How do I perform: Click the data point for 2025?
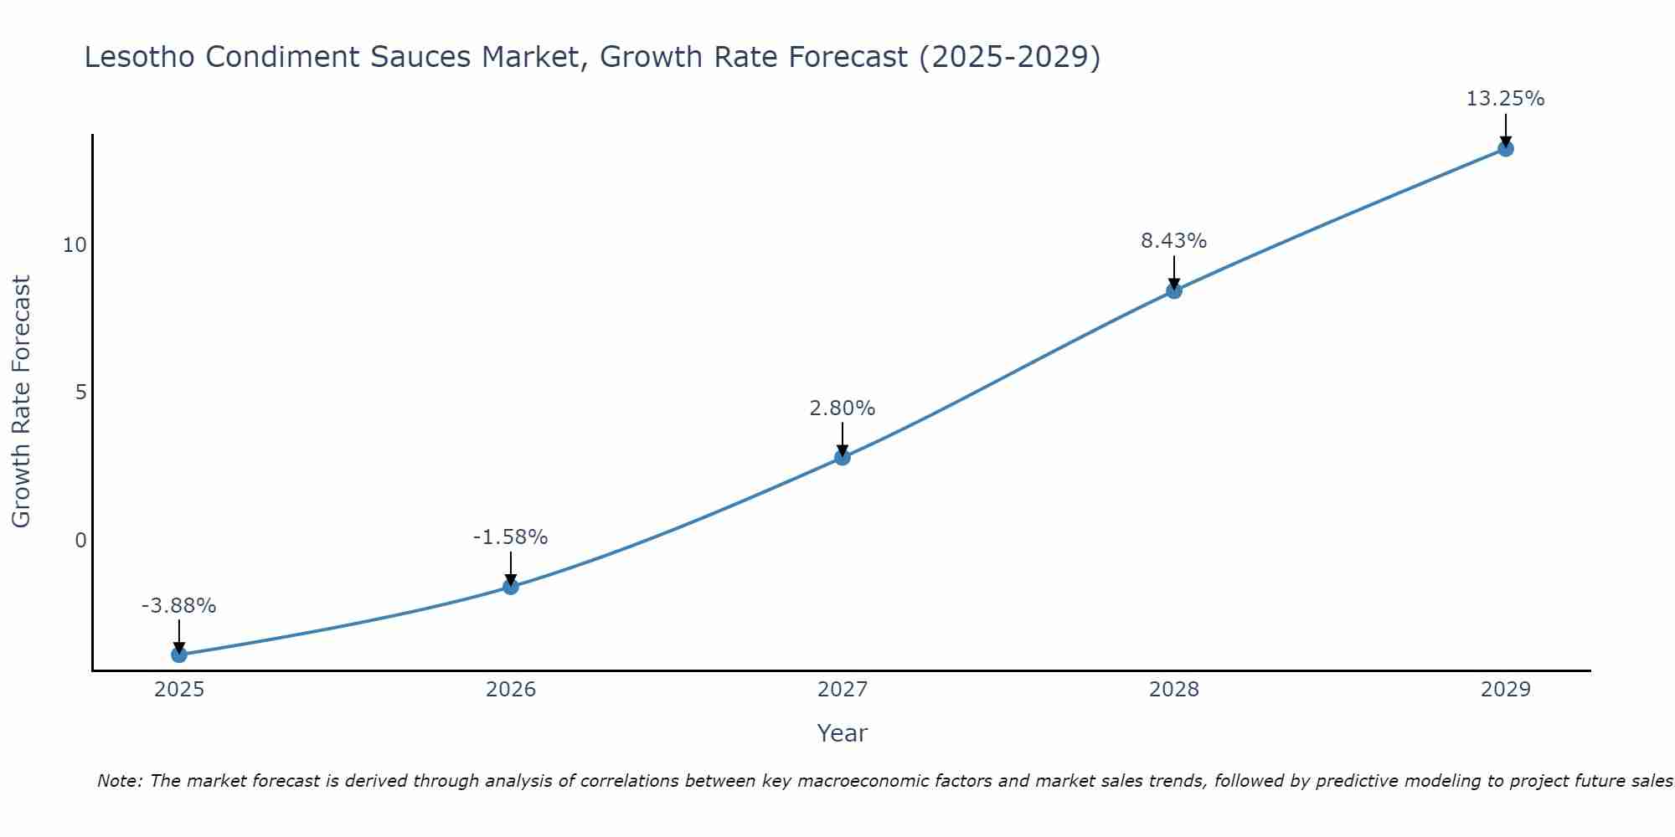(179, 655)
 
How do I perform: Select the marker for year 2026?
(511, 587)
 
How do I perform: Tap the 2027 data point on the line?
(843, 457)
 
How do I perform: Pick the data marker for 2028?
(1174, 291)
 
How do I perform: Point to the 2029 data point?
(1505, 149)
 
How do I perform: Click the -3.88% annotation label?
(179, 606)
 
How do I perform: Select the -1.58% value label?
(511, 537)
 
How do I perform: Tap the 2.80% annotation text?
(843, 408)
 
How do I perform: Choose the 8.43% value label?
(1174, 241)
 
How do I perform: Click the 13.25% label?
(1505, 99)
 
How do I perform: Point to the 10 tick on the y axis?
(75, 245)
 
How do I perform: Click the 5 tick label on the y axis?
(80, 393)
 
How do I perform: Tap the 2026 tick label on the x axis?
(511, 690)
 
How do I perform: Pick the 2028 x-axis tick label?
(1174, 690)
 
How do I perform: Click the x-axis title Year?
(843, 733)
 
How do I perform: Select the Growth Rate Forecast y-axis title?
(22, 402)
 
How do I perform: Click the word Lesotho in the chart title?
(139, 57)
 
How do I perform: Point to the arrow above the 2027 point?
(843, 437)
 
